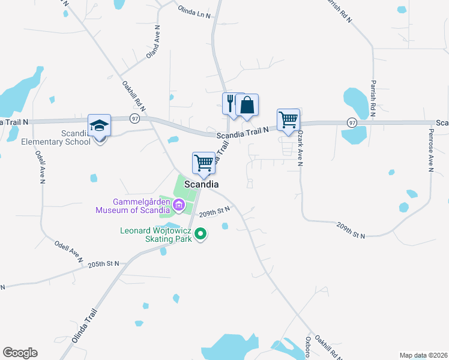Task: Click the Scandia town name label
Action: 202,185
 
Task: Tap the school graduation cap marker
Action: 99,126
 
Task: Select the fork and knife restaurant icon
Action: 232,104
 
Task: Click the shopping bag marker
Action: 247,106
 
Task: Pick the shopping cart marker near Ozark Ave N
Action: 288,120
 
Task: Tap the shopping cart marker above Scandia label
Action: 203,163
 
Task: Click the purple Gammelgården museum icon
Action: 178,206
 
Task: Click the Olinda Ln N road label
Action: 194,11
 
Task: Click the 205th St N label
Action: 104,264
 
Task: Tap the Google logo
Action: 20,353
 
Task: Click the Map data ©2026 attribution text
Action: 423,355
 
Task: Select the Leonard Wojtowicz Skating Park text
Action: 155,235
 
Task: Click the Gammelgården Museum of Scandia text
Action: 133,206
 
